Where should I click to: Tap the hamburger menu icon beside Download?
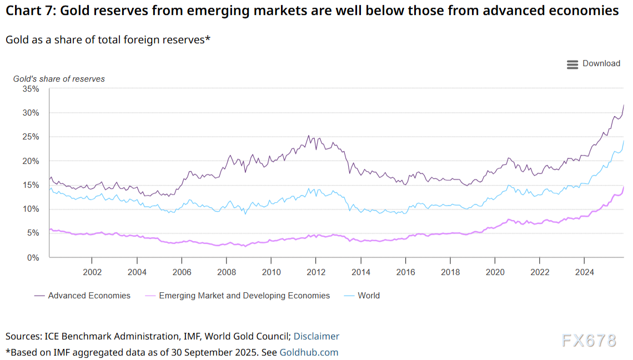pos(572,64)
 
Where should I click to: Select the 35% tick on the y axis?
pos(31,89)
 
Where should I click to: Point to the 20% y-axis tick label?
pos(31,161)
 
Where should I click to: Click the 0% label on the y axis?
pos(33,257)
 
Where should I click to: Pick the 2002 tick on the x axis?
pos(92,272)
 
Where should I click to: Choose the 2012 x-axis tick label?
pos(315,272)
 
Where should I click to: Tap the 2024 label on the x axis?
pos(584,272)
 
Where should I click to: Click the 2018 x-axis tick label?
pos(450,272)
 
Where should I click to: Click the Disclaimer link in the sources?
pos(316,336)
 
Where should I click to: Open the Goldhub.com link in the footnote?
pos(309,352)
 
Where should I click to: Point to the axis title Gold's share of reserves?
pos(59,79)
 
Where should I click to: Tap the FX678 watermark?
pos(589,340)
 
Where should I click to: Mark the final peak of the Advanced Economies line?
pos(624,105)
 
